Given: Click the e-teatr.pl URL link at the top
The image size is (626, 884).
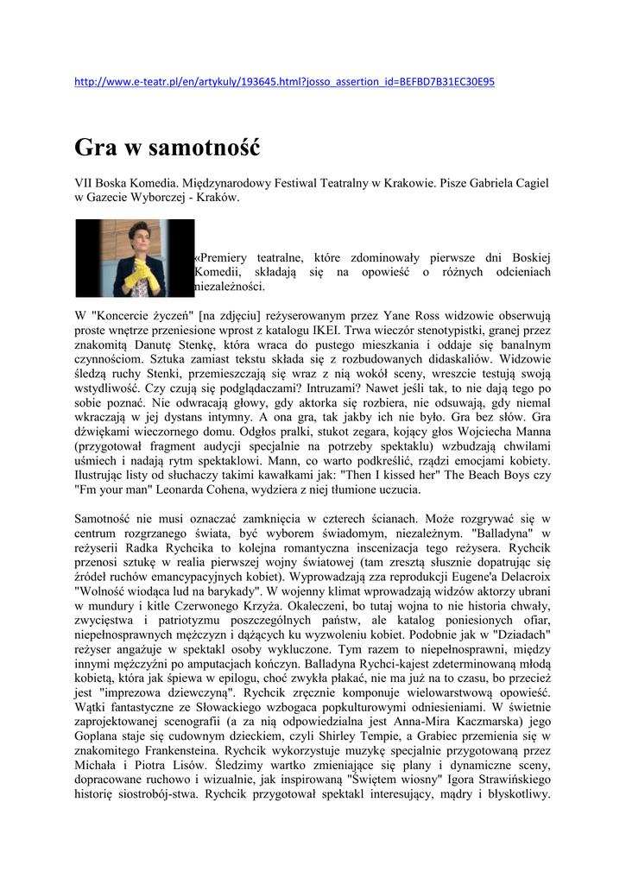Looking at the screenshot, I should (x=285, y=82).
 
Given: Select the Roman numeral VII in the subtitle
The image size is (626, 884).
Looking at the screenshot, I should (x=84, y=183).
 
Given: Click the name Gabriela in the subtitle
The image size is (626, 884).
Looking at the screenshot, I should (x=479, y=183).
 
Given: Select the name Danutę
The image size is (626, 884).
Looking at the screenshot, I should (x=153, y=344).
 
